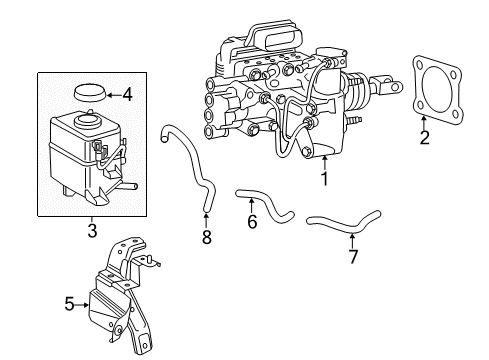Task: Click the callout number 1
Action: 324,179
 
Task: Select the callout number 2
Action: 424,138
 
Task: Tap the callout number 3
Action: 92,230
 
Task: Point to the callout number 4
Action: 127,95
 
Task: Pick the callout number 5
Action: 69,304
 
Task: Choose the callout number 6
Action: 252,222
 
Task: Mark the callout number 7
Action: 353,256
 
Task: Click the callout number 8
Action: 207,237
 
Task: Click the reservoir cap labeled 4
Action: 90,93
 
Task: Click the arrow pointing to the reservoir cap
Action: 114,95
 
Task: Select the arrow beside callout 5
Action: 82,304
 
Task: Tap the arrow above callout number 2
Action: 424,123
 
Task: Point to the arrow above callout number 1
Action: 324,164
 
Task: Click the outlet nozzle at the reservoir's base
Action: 131,186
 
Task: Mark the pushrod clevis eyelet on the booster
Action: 395,87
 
